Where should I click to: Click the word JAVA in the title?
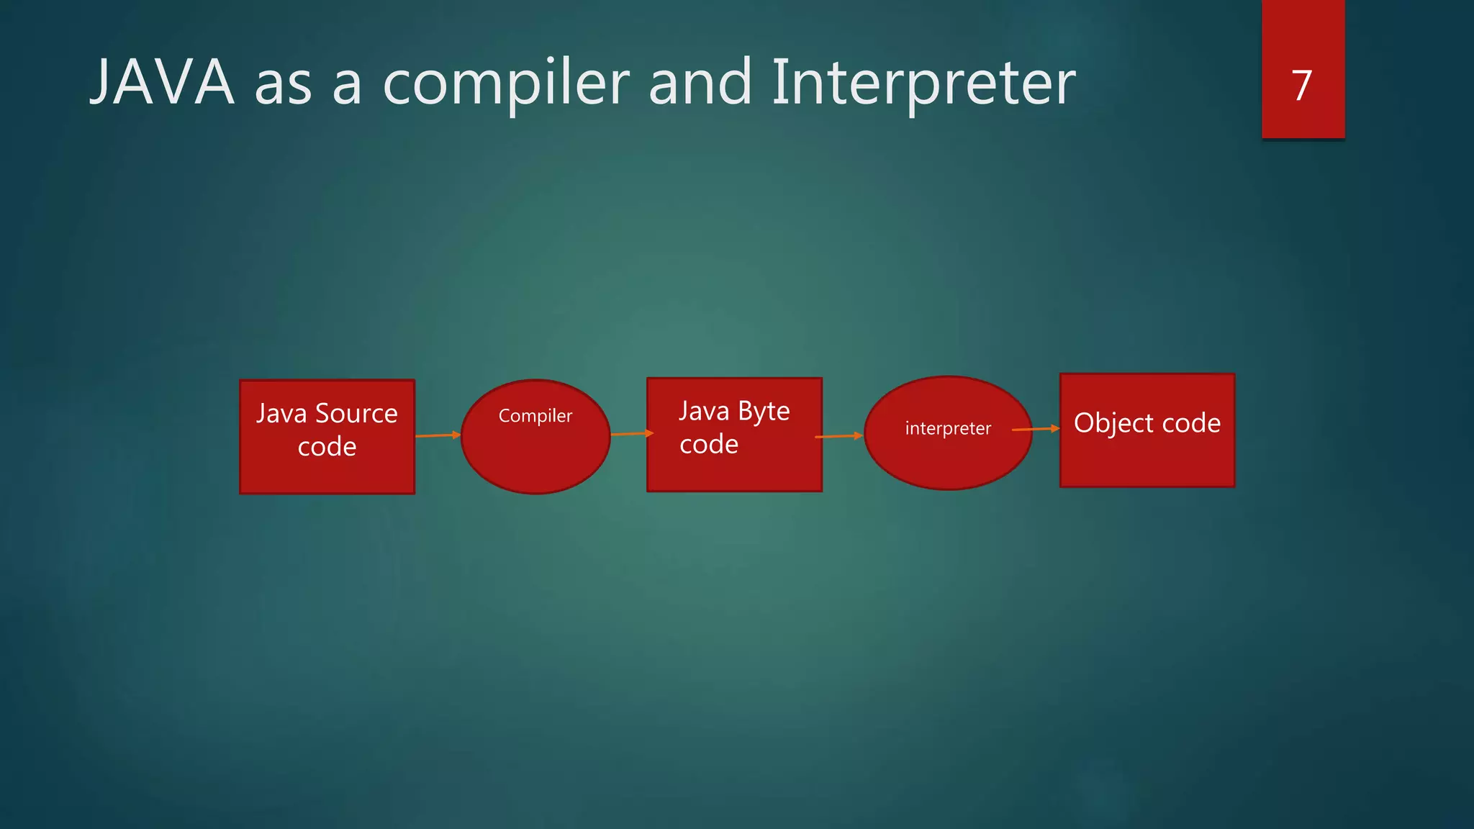(162, 83)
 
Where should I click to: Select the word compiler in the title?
(506, 83)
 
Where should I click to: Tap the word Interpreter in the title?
(923, 83)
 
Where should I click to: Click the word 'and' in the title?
(700, 83)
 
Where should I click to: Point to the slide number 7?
(1302, 86)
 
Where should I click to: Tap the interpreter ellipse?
(948, 461)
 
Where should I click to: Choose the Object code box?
(1147, 461)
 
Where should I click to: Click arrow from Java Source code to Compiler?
(438, 435)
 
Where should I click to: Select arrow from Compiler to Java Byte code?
(632, 434)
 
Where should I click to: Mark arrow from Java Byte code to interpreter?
(838, 436)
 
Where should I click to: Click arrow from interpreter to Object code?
(1036, 430)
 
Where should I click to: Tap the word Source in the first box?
(356, 414)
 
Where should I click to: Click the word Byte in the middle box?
(764, 412)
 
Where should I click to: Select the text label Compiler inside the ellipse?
(535, 416)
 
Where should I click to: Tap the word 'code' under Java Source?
(327, 447)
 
